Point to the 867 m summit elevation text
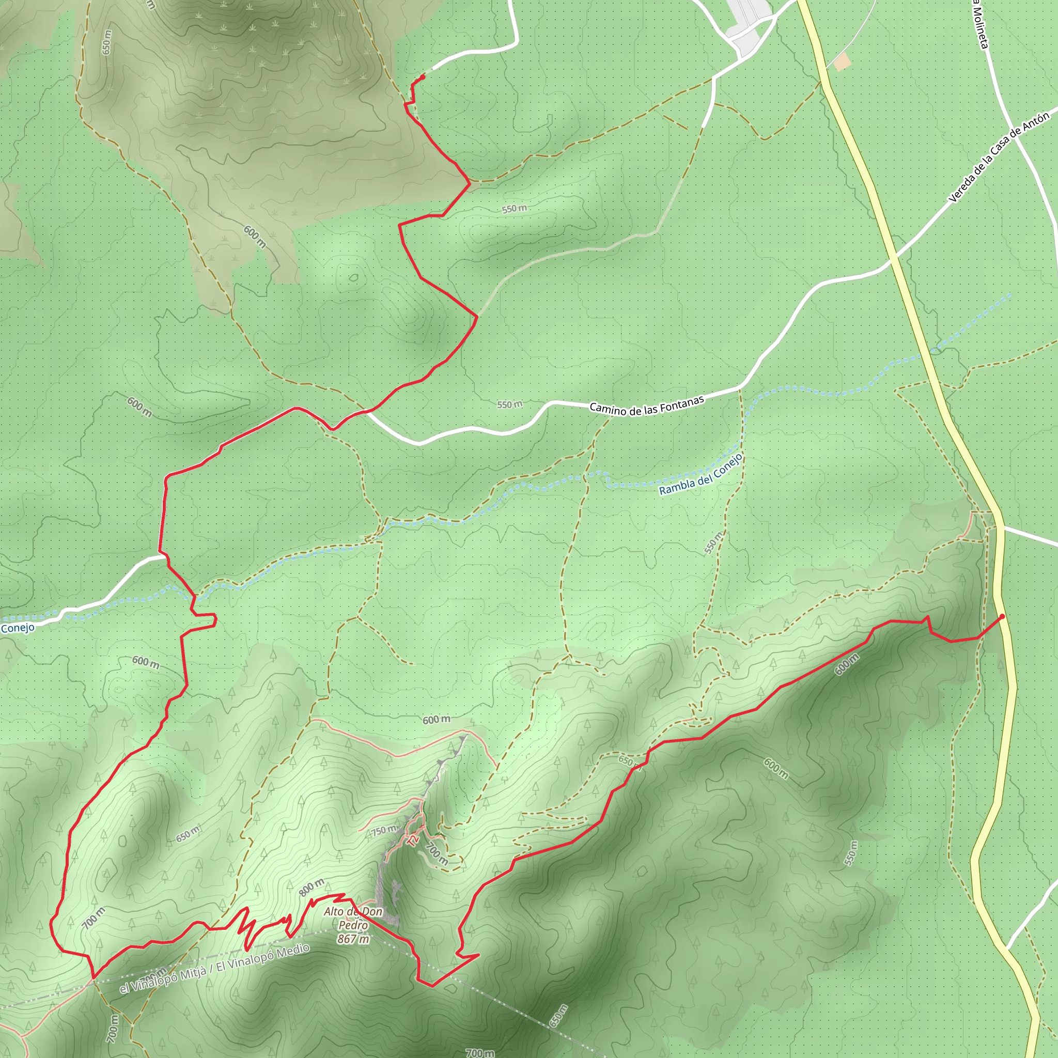(x=353, y=939)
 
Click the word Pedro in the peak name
(x=353, y=925)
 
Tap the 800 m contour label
(x=312, y=887)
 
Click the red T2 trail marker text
(x=414, y=839)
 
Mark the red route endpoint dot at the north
(x=422, y=77)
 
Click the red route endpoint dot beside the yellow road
(x=1002, y=617)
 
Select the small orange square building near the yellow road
(x=843, y=61)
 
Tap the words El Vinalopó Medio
(x=263, y=958)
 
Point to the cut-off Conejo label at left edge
(x=18, y=628)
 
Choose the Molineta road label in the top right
(x=980, y=25)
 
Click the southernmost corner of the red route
(x=432, y=986)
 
